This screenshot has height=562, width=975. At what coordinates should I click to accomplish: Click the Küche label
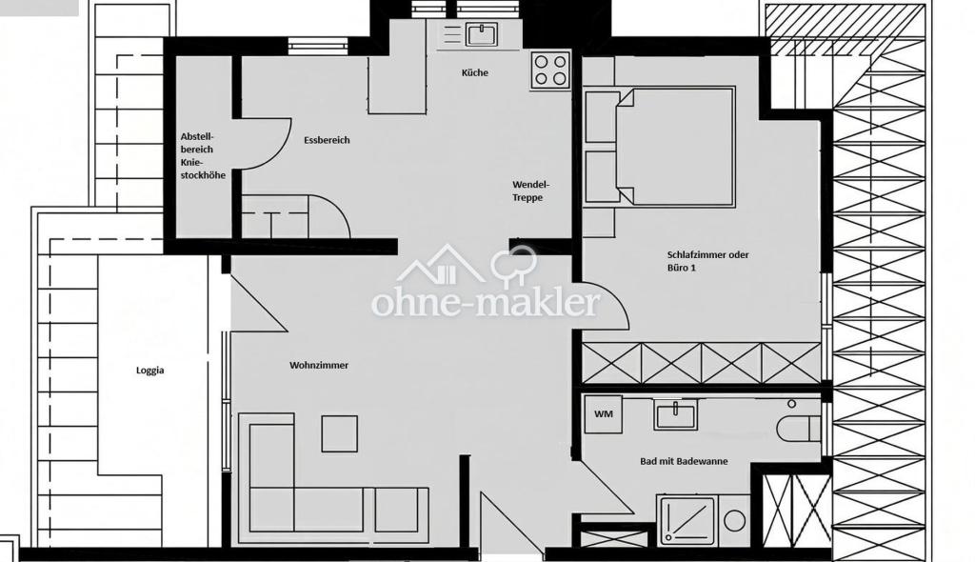click(474, 72)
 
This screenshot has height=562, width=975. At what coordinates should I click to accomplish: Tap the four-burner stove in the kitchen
click(551, 70)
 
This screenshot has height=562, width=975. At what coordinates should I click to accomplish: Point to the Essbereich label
click(327, 140)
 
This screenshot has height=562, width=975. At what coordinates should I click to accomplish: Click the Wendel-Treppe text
click(530, 191)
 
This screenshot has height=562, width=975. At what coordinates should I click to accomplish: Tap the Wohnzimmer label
click(318, 366)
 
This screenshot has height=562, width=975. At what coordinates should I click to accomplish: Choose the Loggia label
click(149, 371)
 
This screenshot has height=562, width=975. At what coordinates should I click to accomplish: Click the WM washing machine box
click(603, 413)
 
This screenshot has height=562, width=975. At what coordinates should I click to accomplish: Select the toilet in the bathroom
click(799, 429)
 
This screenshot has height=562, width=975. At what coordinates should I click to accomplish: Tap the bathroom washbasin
click(675, 414)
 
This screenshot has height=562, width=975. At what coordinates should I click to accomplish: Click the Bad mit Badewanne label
click(684, 461)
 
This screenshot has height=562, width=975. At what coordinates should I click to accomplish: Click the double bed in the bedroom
click(675, 147)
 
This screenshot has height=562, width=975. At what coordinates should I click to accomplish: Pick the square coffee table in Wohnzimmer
click(340, 433)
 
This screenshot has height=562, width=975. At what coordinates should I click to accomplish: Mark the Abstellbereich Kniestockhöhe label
click(203, 155)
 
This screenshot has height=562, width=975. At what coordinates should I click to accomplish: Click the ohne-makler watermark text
click(486, 303)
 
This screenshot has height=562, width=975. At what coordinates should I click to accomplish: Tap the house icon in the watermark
click(441, 264)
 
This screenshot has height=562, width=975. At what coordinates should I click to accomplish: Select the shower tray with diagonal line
click(687, 520)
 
